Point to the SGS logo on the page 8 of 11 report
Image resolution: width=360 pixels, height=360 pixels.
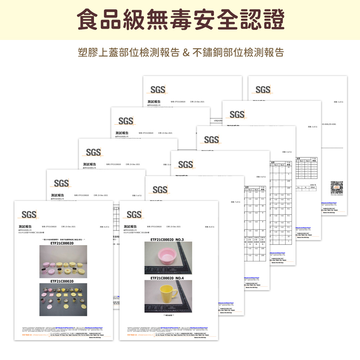coord(134,215)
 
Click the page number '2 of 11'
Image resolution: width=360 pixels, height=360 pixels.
coord(312,127)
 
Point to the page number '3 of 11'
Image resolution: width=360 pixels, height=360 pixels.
coord(287,152)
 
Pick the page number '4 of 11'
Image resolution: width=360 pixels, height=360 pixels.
coord(261,177)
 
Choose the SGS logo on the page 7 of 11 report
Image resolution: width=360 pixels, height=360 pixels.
coord(160,190)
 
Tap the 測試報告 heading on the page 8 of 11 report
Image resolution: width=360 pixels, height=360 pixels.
coord(130,226)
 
